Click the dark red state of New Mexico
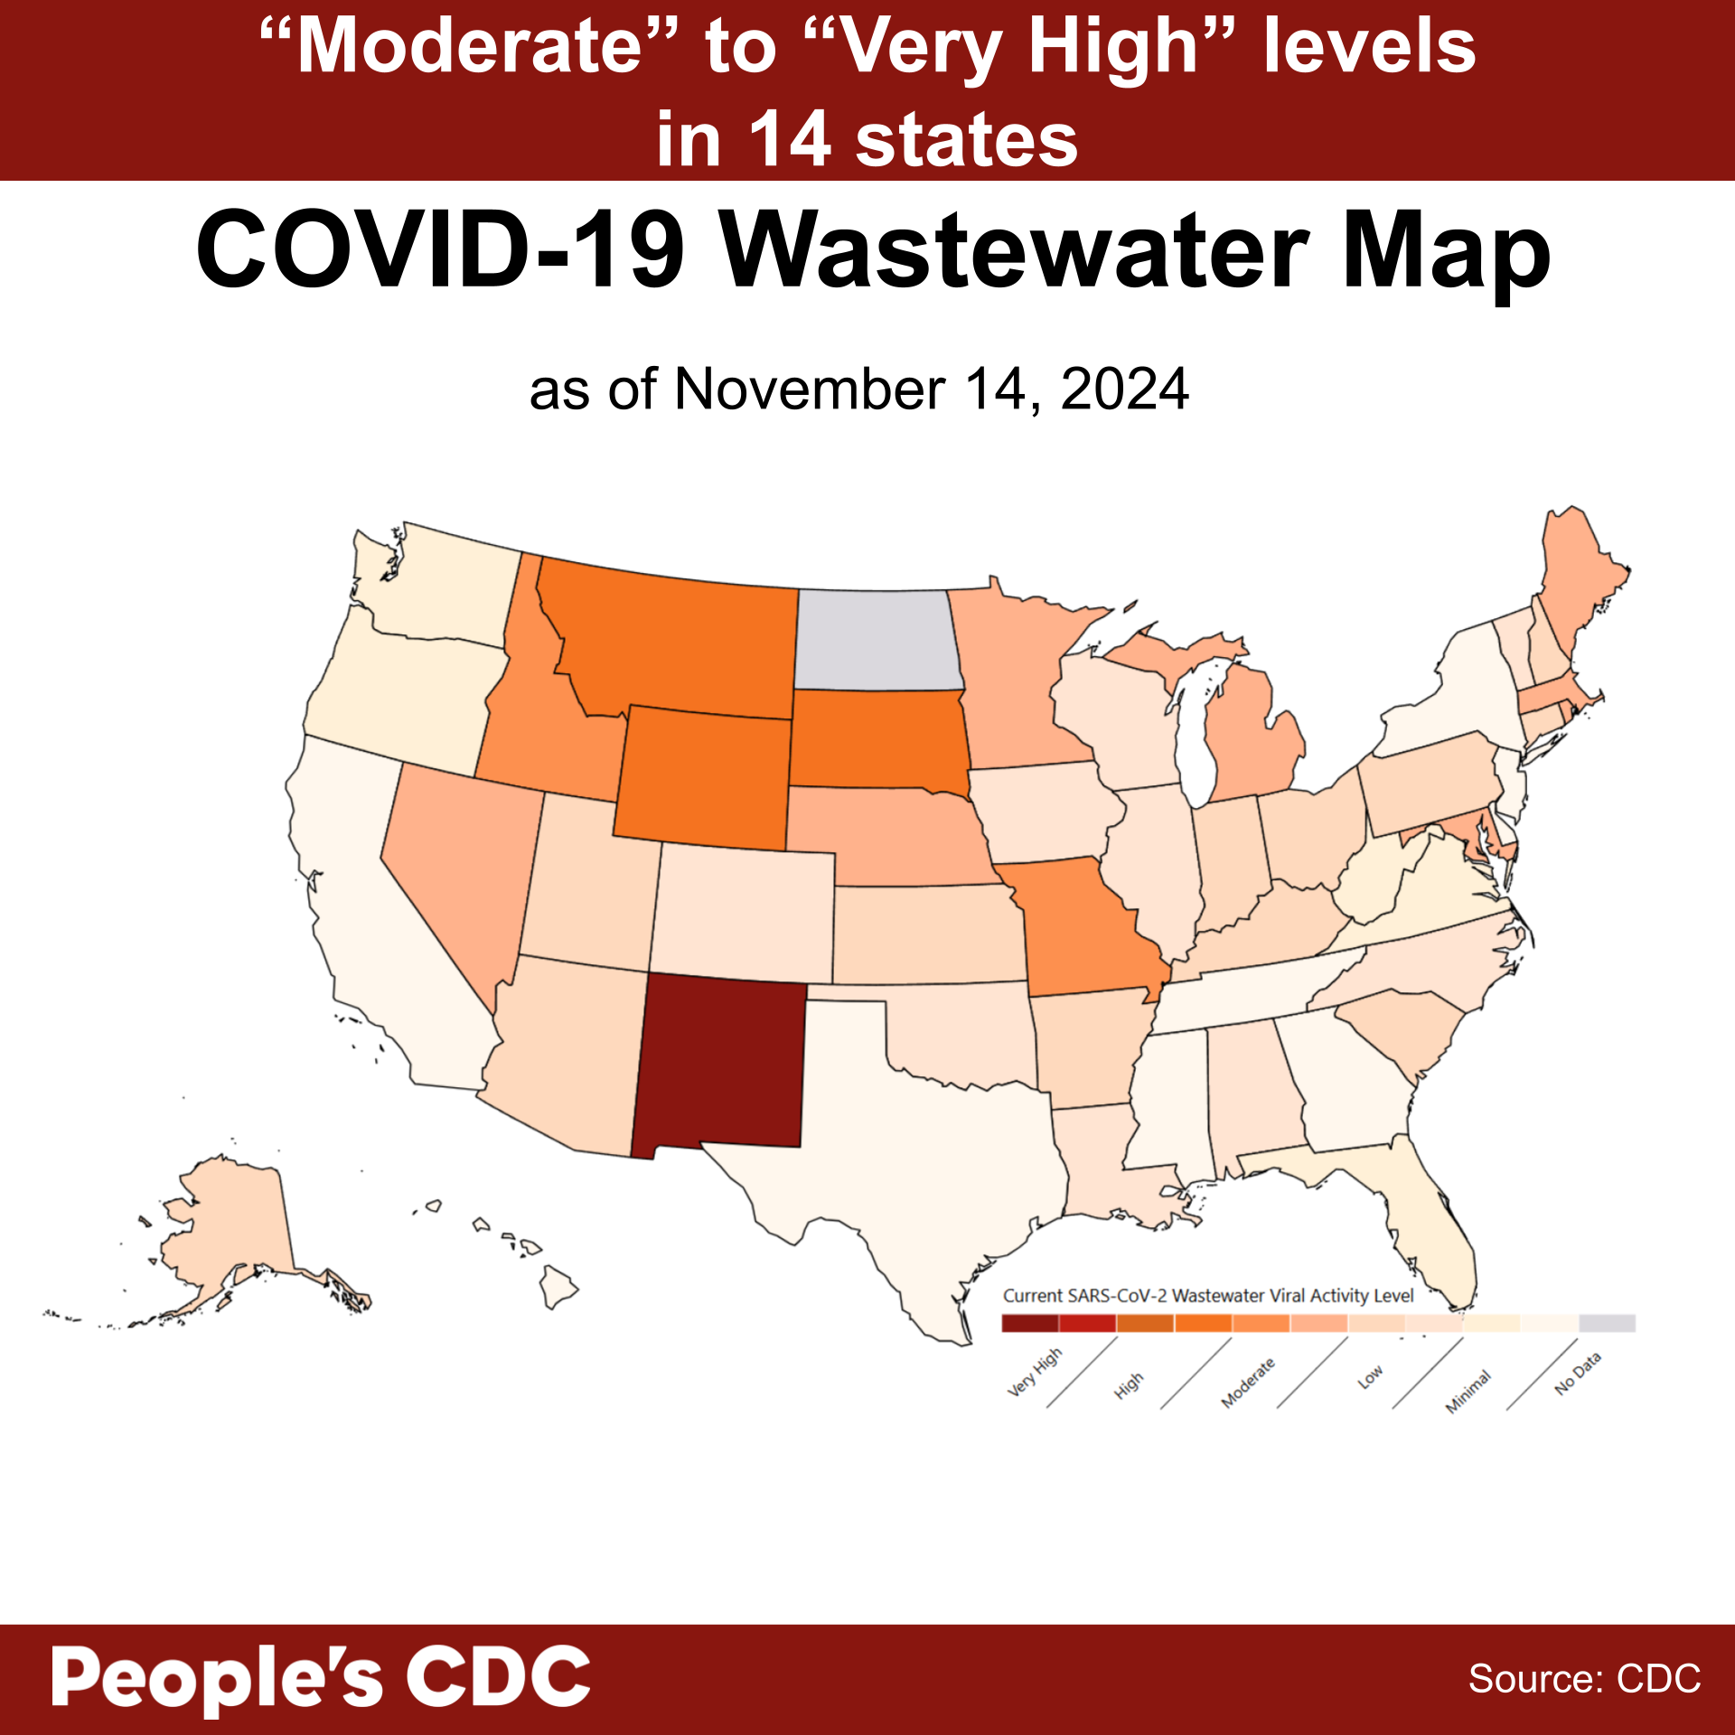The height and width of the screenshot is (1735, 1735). [x=718, y=1062]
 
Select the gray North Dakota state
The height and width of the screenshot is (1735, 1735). [x=875, y=640]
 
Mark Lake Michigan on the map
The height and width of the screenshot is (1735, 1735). [x=1197, y=732]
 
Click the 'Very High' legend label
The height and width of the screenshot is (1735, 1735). [x=1036, y=1373]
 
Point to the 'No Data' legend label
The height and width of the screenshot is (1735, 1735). [x=1578, y=1373]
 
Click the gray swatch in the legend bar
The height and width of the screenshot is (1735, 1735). [x=1607, y=1323]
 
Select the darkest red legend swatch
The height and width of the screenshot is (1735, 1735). [x=1030, y=1323]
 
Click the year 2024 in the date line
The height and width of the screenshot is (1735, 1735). [x=1124, y=390]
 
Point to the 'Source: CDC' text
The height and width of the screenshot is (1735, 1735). [x=1584, y=1679]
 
